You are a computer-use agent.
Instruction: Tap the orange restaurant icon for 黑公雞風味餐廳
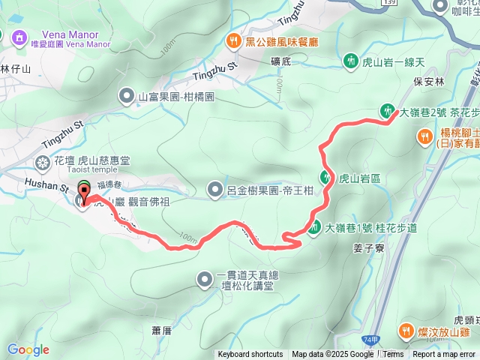click(234, 41)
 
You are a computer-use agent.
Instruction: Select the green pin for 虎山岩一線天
click(349, 61)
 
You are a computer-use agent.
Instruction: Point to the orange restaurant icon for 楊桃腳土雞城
click(425, 136)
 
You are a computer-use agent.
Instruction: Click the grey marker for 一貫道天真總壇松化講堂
click(204, 280)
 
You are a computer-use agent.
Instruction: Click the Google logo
click(28, 349)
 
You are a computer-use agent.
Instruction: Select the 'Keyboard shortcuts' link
click(250, 354)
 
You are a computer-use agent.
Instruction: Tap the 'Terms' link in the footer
click(393, 354)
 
